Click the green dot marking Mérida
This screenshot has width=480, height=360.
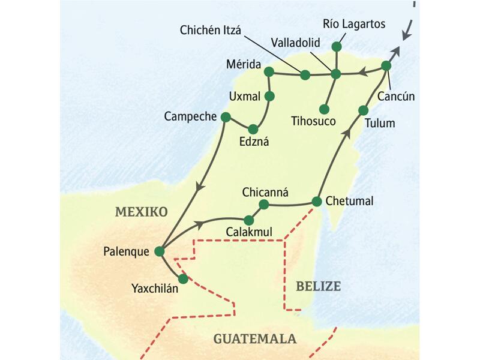[x=269, y=72]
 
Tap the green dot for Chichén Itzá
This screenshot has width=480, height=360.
[x=305, y=75]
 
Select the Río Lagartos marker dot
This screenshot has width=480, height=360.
[x=337, y=46]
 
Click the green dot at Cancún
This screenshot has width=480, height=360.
[x=386, y=65]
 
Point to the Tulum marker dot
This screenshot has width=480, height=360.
[x=363, y=110]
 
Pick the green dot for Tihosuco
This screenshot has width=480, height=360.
[x=324, y=109]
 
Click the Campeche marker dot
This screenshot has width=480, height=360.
[x=226, y=116]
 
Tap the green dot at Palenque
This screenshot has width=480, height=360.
[x=159, y=252]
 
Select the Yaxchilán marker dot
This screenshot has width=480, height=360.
[x=183, y=278]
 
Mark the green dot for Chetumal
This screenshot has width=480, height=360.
[x=317, y=201]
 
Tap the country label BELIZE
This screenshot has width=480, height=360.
[x=318, y=286]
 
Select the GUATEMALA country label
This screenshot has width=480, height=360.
[x=255, y=339]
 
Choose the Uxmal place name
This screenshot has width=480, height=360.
[x=244, y=96]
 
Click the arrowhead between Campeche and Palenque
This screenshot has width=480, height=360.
[x=200, y=188]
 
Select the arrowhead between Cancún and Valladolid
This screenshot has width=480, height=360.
[x=362, y=73]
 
